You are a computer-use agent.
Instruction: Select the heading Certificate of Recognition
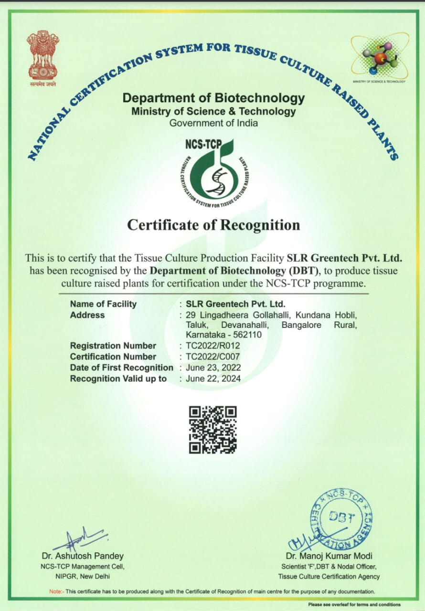point(213,225)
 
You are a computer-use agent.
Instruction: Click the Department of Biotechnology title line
point(213,98)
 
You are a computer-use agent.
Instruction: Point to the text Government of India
point(213,123)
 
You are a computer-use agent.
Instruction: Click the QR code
point(213,430)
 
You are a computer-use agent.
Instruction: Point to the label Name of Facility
point(103,304)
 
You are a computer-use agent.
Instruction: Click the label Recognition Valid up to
point(118,379)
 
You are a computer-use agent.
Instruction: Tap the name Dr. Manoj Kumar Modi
point(329,556)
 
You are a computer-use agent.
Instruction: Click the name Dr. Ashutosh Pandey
point(82,556)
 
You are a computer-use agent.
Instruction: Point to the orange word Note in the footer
point(55,591)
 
